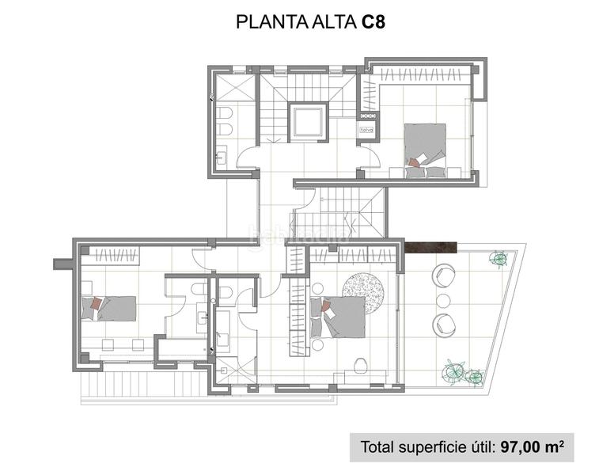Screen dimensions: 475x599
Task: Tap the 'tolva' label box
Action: (x=366, y=129)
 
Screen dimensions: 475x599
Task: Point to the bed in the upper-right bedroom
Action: (x=426, y=146)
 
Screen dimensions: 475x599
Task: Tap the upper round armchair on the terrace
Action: (x=443, y=275)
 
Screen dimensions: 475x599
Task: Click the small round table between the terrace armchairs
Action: (x=444, y=299)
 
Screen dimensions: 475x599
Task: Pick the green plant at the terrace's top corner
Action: (x=498, y=258)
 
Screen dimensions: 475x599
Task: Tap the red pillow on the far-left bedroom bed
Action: (x=96, y=303)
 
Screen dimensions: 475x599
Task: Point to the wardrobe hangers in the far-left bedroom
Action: (x=112, y=255)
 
